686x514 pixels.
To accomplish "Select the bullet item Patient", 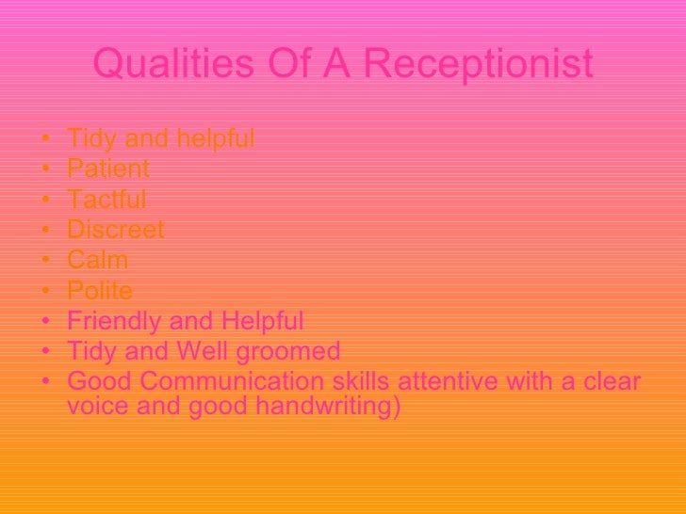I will click(108, 169).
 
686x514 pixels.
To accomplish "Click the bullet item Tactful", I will click(106, 200).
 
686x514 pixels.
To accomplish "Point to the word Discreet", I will click(116, 230).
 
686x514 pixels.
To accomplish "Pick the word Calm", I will click(98, 261).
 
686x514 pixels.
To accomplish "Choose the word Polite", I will click(100, 291).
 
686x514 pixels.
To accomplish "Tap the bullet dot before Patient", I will click(46, 170).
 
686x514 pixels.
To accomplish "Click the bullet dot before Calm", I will click(46, 262).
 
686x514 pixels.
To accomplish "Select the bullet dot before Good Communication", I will click(46, 384).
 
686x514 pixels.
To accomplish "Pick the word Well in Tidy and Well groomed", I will click(193, 352).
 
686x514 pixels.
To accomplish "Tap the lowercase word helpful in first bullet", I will click(217, 139).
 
